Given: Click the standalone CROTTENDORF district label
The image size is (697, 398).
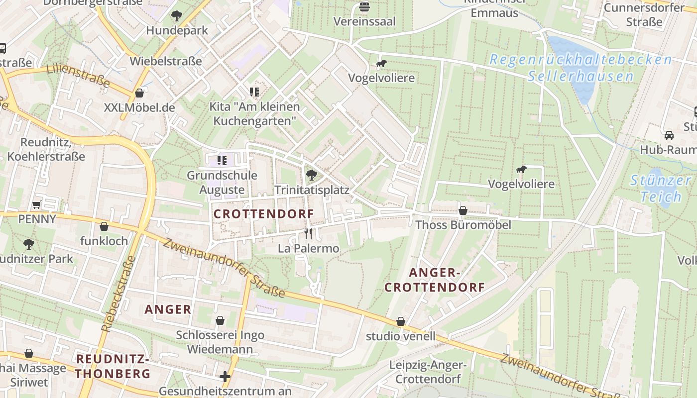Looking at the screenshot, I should (x=264, y=214).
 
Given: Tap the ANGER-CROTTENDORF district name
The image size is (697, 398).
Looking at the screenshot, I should (x=435, y=280).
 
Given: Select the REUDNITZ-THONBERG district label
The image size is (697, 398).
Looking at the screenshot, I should (x=113, y=366).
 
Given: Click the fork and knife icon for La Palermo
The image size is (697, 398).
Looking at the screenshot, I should (x=309, y=233).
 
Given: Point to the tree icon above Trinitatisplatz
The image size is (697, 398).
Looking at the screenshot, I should (x=312, y=175).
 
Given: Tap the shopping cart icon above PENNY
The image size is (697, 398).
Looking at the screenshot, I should (x=37, y=204).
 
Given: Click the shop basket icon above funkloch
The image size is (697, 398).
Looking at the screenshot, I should (x=104, y=227).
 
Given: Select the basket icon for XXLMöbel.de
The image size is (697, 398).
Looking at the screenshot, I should (x=139, y=93).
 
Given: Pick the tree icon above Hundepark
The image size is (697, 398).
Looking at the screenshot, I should (x=176, y=16).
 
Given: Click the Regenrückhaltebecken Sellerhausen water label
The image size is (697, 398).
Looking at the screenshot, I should (x=581, y=68).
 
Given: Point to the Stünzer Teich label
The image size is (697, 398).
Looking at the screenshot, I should (x=661, y=188).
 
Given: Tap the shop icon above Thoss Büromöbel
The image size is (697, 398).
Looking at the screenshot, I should (x=463, y=210).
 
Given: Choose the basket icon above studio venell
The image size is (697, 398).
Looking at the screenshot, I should (x=401, y=322).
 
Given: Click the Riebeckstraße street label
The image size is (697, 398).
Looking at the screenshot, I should (x=118, y=294).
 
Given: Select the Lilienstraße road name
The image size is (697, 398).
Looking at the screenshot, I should (x=78, y=76).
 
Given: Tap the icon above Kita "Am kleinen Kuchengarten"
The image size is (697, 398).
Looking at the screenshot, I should (x=254, y=92).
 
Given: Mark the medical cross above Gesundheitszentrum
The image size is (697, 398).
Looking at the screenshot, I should (x=225, y=377).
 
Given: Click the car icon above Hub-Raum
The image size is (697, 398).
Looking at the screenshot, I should (x=669, y=135).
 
